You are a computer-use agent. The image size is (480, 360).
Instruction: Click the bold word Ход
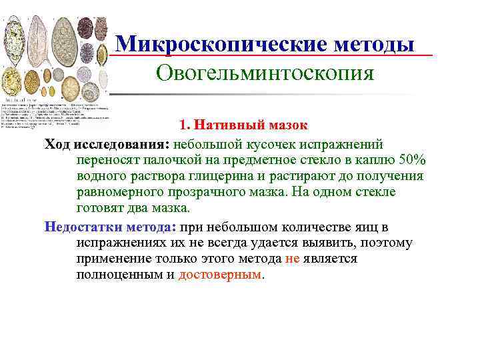(x=57, y=143)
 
